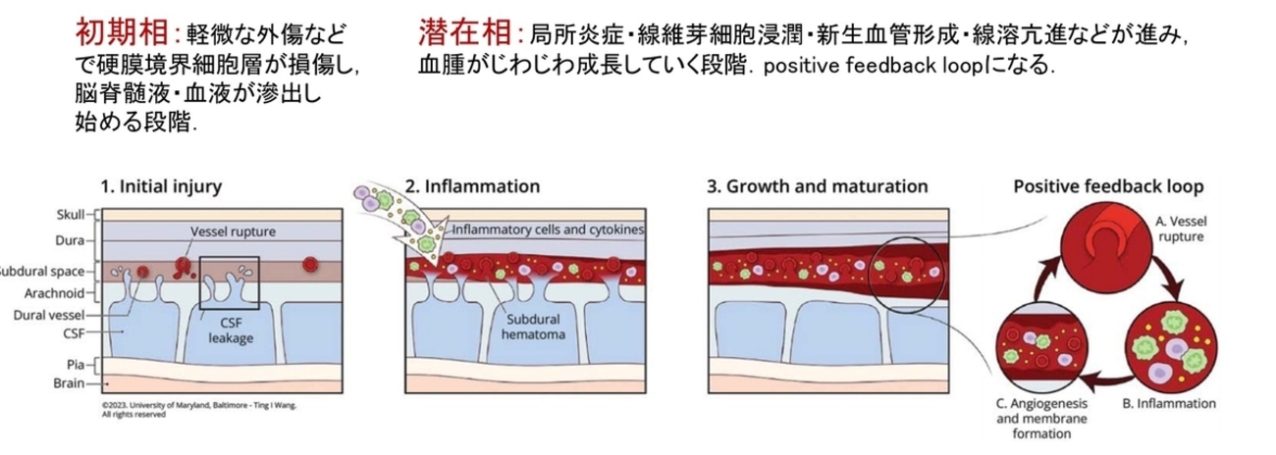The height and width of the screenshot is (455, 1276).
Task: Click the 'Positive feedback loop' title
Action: pos(1109,185)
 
